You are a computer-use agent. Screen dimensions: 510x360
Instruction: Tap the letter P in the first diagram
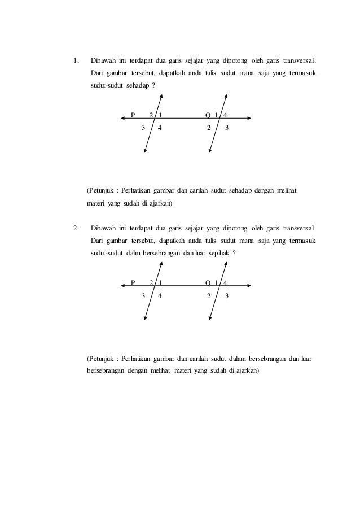tap(133, 115)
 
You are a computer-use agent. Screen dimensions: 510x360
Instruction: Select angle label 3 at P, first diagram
tap(143, 128)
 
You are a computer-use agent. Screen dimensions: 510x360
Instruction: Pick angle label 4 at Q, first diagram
tap(226, 115)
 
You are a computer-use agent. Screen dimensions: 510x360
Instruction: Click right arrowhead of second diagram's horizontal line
tap(249, 285)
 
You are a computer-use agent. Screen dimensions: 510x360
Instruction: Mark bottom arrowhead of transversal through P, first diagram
tap(146, 151)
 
